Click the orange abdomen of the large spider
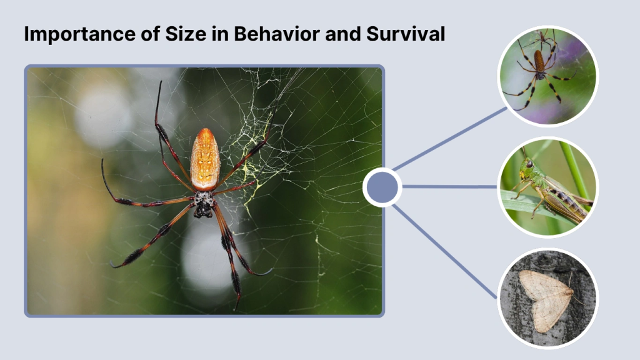[205, 159]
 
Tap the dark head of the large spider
[203, 205]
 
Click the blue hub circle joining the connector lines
[382, 187]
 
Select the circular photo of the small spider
[547, 76]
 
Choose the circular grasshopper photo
[547, 187]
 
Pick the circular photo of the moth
[547, 298]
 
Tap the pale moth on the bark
[545, 299]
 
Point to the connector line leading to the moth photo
[445, 250]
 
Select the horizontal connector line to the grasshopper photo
[450, 186]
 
